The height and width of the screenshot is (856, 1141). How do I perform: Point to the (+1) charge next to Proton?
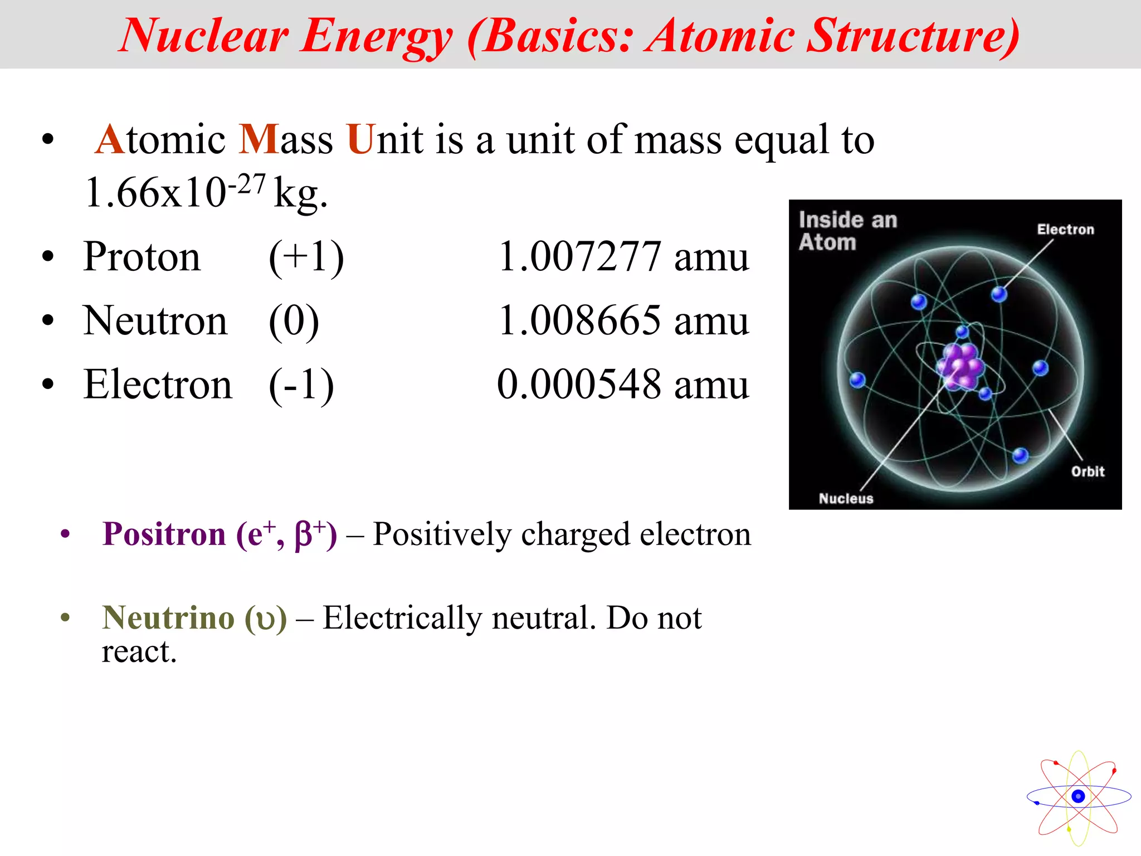tap(306, 257)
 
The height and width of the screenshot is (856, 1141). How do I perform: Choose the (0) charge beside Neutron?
tap(294, 321)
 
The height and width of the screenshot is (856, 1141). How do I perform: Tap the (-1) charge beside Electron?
tap(301, 385)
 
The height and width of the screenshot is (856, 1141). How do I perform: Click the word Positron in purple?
tap(164, 534)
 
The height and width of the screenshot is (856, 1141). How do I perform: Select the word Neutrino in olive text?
tap(168, 617)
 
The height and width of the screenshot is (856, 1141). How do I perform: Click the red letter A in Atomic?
tap(110, 139)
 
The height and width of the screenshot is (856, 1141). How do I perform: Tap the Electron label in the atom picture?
tap(1065, 230)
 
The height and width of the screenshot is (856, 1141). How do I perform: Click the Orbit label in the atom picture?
tap(1088, 471)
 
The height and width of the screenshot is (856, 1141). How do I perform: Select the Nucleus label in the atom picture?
tap(846, 498)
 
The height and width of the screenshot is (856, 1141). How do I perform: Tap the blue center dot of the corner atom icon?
tap(1078, 796)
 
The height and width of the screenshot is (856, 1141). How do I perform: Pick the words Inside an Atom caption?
tap(847, 231)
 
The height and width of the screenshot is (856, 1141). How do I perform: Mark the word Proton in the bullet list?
tap(142, 257)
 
